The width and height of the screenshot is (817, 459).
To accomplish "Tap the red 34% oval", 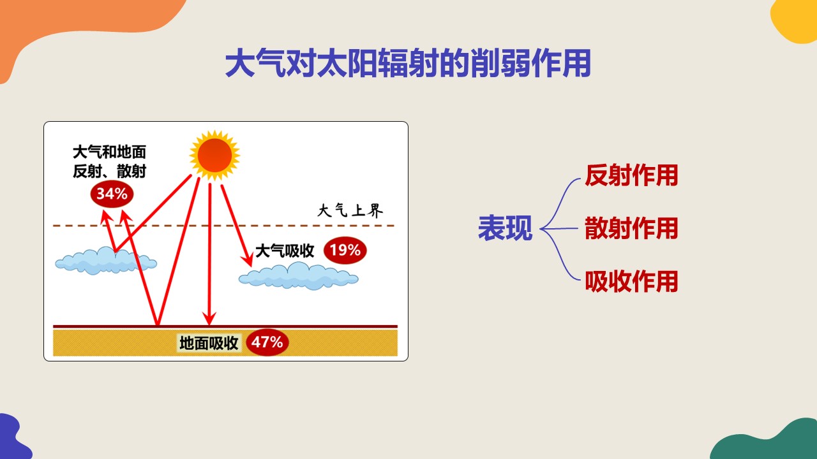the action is tap(112, 194).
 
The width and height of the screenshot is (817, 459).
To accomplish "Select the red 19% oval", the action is tap(345, 251).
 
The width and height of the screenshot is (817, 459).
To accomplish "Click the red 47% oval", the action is tap(267, 342).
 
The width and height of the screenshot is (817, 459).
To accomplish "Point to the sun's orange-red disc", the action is tap(215, 155).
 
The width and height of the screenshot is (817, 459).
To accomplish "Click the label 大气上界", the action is tap(350, 210).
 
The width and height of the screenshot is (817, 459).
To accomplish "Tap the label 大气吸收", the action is tap(285, 251).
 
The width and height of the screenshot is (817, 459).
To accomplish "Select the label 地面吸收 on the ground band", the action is tap(209, 343).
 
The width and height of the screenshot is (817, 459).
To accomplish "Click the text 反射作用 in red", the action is tap(631, 175).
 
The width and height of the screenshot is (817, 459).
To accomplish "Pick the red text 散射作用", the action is tap(631, 228).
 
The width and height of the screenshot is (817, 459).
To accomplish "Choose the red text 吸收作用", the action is tap(631, 281).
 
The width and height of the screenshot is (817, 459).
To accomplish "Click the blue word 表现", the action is tap(505, 228).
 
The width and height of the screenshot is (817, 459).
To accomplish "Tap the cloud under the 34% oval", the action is tap(106, 261).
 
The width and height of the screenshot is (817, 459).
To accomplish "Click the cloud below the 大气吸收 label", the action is tap(298, 276).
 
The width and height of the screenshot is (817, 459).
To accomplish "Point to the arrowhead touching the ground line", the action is tap(209, 319).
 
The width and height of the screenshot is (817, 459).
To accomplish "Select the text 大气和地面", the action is tap(109, 152).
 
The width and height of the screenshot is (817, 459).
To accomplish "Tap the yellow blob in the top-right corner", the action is tap(795, 20).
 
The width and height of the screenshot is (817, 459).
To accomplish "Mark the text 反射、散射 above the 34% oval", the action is tap(109, 171).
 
